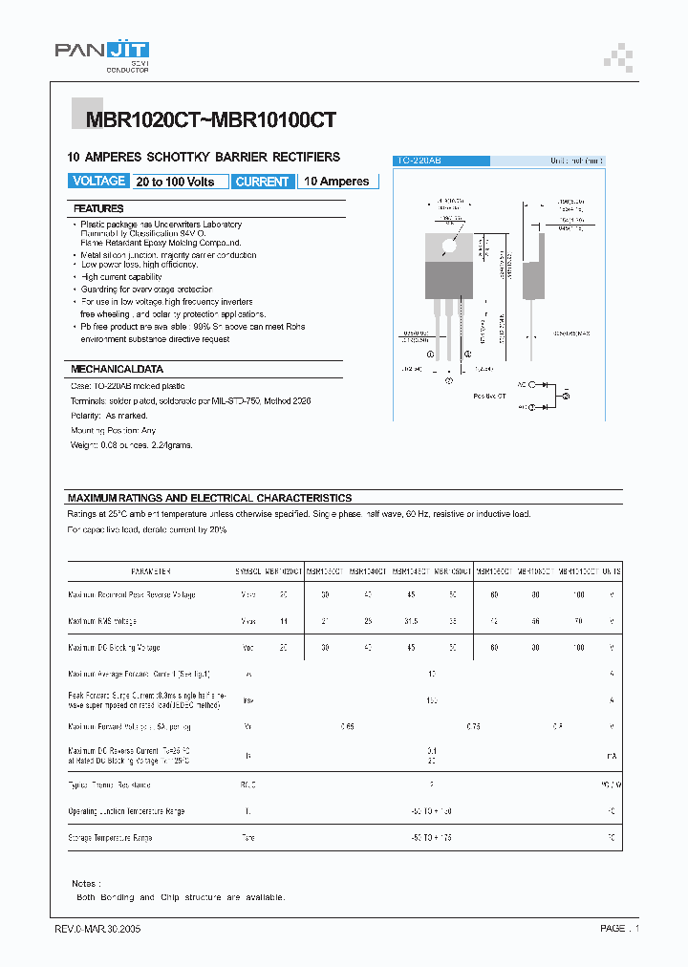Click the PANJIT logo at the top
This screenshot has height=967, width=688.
(x=101, y=55)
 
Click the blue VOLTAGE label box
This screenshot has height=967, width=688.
(x=98, y=181)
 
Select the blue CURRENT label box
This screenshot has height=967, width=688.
(x=262, y=182)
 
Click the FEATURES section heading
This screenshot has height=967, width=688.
(x=98, y=208)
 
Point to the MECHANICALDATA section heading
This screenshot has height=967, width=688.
(x=118, y=369)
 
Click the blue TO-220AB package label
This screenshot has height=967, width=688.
(x=441, y=161)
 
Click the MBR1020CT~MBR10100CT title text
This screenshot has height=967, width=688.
(x=210, y=121)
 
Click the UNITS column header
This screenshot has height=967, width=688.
(x=611, y=570)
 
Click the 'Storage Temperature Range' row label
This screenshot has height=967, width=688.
(x=110, y=837)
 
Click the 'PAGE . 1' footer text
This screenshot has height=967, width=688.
(x=619, y=928)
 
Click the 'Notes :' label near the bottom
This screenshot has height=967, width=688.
(x=86, y=884)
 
